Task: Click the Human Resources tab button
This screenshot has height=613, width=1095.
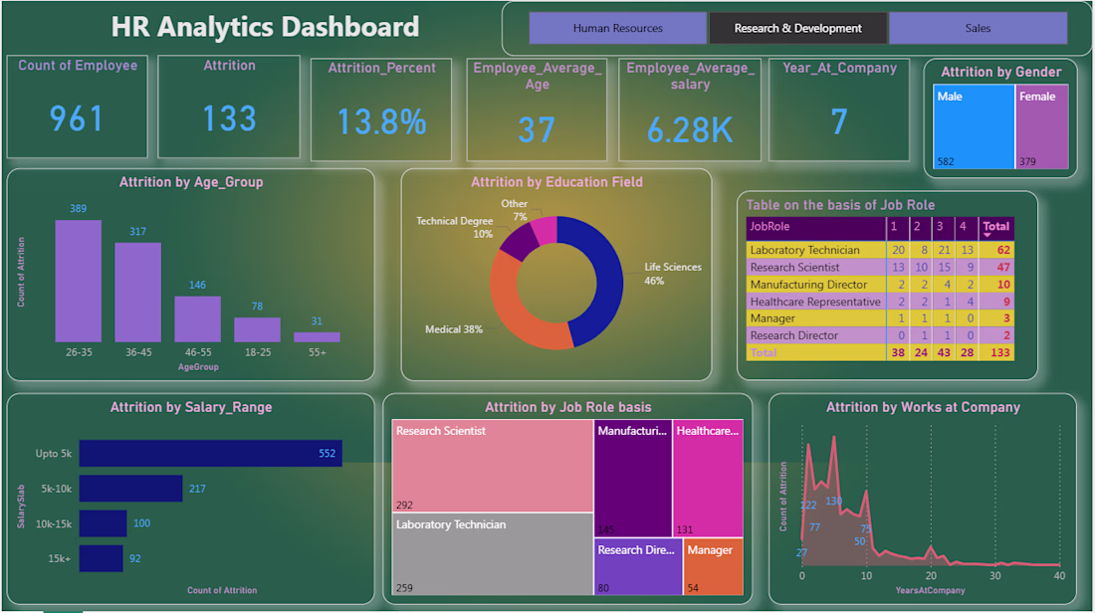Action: (x=617, y=28)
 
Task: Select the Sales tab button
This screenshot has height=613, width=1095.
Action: (x=978, y=28)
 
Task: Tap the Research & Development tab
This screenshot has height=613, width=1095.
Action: (x=797, y=28)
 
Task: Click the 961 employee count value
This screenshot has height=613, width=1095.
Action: (x=77, y=118)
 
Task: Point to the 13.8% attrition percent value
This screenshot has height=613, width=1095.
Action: (x=381, y=122)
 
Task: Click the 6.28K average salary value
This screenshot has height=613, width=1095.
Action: (x=690, y=129)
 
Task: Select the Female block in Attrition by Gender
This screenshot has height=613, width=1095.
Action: (x=1041, y=126)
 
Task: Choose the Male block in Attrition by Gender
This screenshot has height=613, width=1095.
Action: (x=974, y=126)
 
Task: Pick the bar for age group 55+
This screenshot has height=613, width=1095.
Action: (x=317, y=337)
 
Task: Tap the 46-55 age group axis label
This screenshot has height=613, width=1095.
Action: (x=197, y=352)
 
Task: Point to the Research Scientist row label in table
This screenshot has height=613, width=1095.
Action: (x=794, y=267)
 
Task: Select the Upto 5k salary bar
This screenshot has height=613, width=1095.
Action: (x=210, y=454)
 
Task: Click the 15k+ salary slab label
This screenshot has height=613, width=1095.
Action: (x=59, y=558)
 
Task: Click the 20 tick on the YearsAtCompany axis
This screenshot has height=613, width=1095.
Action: (x=931, y=576)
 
